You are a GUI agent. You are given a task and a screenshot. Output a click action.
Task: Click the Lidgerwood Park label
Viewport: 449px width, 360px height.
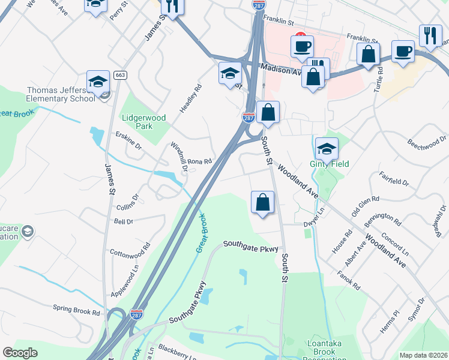[144, 122]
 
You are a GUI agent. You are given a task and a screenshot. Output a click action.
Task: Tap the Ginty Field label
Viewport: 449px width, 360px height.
[329, 164]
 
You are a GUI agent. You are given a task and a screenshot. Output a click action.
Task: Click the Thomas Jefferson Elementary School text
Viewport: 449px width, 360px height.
[61, 94]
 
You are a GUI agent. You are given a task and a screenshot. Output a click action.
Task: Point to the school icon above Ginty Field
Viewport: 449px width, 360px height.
[327, 148]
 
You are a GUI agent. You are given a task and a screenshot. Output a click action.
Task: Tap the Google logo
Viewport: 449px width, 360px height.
[20, 353]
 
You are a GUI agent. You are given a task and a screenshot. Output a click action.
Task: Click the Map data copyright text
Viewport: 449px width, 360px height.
[423, 355]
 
